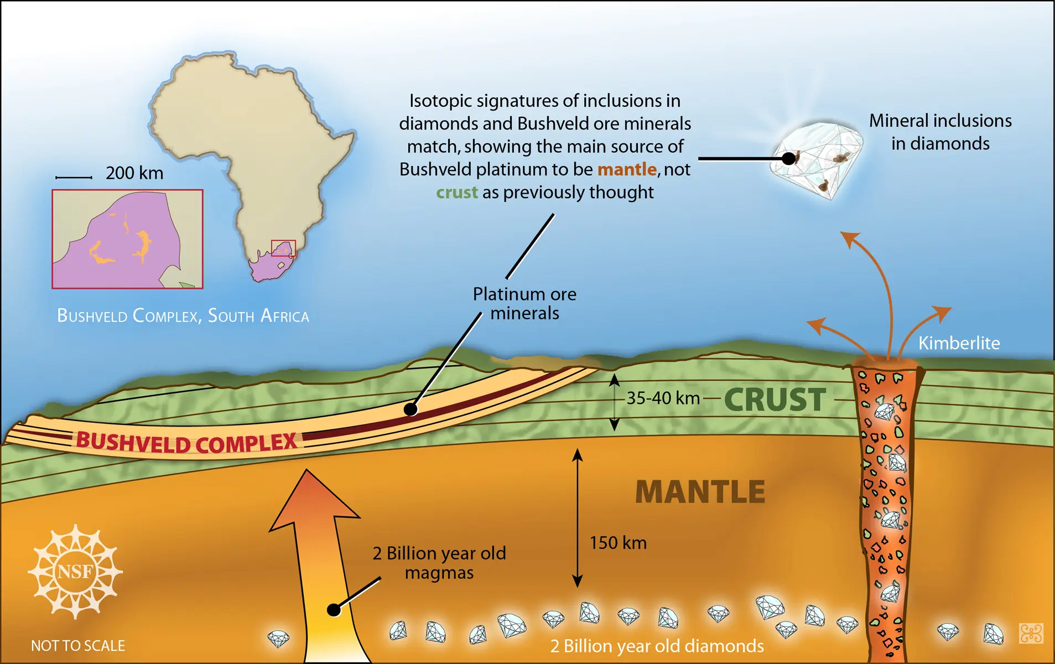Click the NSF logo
75,571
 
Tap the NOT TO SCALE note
78,646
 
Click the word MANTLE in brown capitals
700,492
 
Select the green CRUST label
775,400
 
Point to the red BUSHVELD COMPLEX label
187,443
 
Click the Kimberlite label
959,343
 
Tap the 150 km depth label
618,543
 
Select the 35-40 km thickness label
663,398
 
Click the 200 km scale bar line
74,178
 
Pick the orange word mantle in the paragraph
627,169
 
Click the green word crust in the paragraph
457,193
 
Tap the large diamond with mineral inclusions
817,159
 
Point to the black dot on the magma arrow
334,610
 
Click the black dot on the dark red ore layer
410,409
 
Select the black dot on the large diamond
789,159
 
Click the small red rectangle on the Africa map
283,248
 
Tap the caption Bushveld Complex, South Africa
183,315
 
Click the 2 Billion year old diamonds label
657,646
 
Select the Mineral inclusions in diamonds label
940,132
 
